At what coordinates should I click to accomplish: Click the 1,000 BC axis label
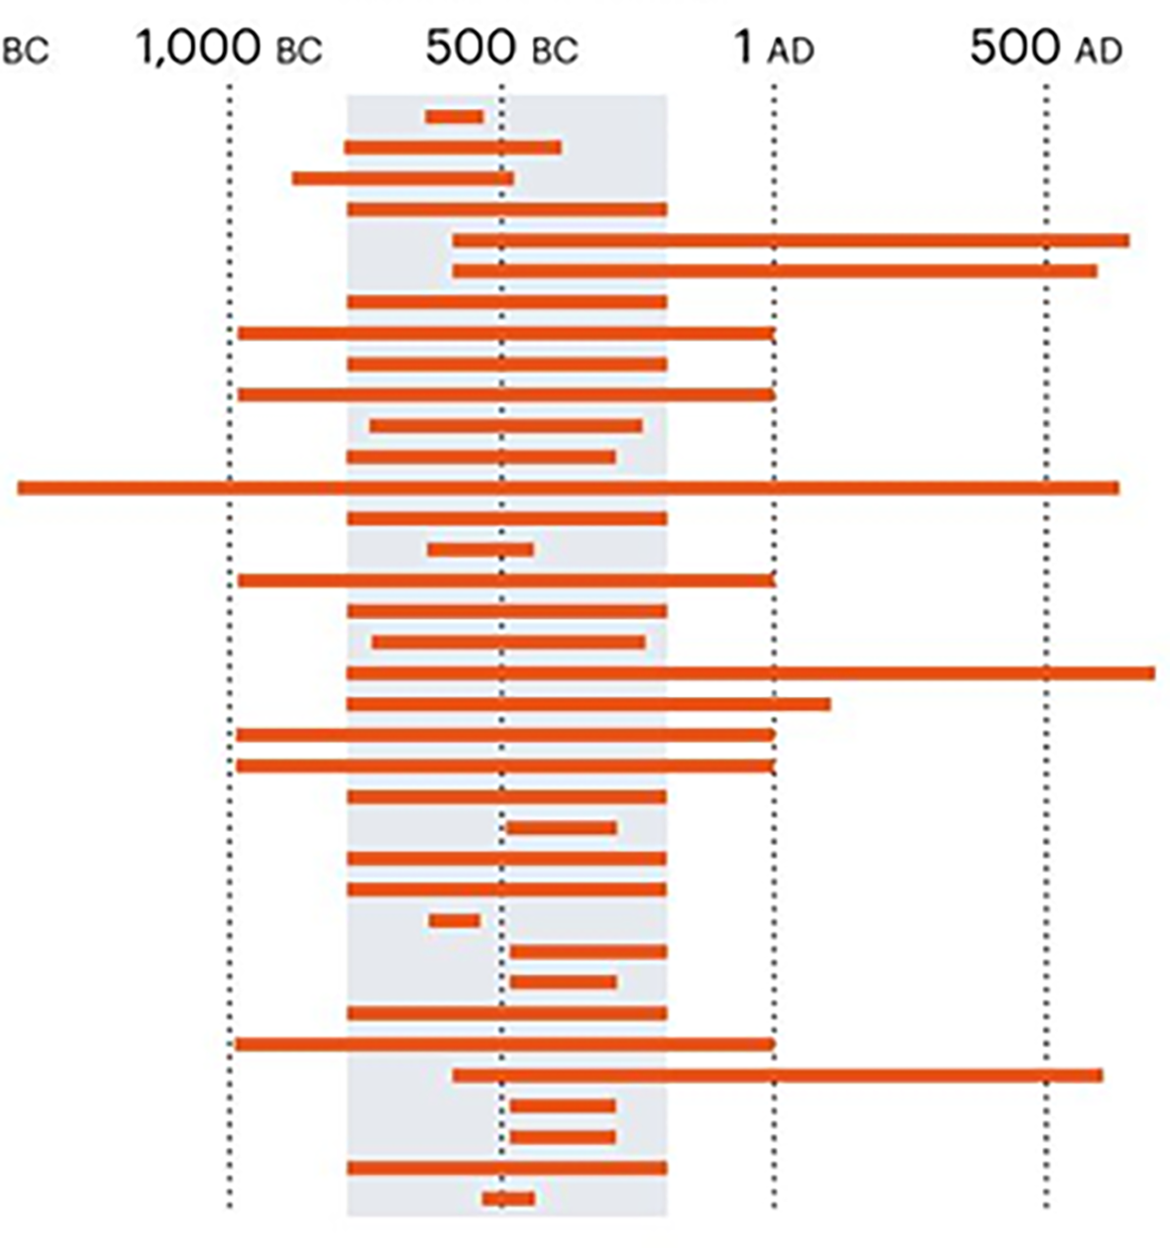coord(229,48)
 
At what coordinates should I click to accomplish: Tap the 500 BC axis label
coord(501,48)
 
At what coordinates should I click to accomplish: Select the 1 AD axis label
coord(774,48)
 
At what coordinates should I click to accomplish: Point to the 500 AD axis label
coord(1045,48)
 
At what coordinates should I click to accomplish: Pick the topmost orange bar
coord(455,117)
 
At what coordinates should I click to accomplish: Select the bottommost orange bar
coord(508,1199)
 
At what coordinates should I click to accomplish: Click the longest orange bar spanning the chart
coord(568,487)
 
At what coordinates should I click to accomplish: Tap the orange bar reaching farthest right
coord(750,674)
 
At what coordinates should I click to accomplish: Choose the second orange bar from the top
coord(453,148)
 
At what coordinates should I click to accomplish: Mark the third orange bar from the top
coord(402,178)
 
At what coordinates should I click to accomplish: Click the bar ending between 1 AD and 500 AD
coord(588,704)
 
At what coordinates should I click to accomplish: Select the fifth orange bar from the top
coord(791,240)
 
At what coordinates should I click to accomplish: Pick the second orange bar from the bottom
coord(506,1169)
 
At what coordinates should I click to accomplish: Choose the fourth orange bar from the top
coord(506,209)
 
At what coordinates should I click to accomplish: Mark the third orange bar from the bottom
coord(563,1137)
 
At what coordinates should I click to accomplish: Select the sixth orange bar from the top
coord(775,270)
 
